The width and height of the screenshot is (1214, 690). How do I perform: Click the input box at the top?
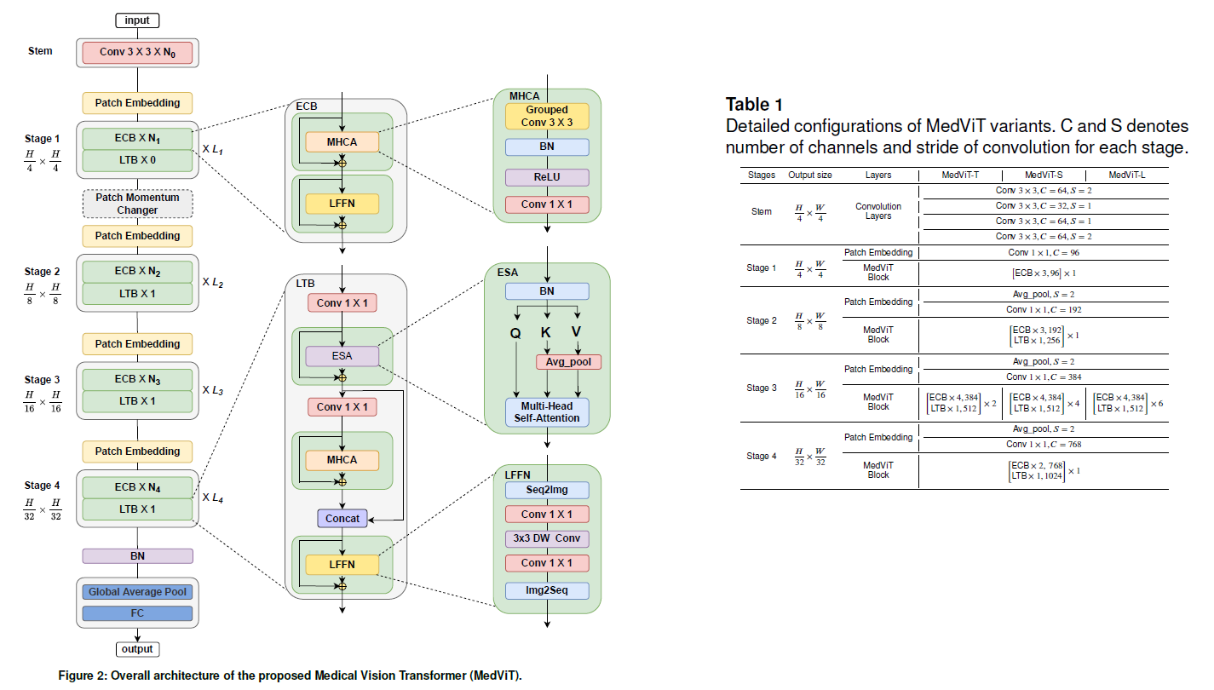[137, 20]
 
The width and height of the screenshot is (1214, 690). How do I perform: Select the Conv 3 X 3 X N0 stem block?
[137, 53]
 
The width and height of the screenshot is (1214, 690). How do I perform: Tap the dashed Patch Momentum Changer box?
[137, 204]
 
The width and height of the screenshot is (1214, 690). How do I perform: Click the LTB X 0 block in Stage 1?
[137, 159]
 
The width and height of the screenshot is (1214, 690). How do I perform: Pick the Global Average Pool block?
[137, 591]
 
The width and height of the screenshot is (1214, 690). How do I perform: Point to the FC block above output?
[137, 613]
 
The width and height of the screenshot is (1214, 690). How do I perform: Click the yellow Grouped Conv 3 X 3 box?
[546, 117]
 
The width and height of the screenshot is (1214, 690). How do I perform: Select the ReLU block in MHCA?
[546, 177]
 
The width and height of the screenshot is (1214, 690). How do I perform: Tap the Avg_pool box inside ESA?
[568, 362]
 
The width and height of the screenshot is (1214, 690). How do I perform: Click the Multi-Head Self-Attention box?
[546, 411]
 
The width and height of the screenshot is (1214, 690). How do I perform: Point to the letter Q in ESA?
[515, 334]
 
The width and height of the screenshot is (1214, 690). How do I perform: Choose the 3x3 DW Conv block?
[546, 538]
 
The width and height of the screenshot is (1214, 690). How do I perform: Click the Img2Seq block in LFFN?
[546, 589]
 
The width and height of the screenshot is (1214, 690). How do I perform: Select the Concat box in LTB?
[342, 518]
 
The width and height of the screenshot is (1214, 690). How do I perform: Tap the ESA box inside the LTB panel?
[342, 355]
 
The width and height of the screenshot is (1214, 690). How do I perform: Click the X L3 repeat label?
[212, 391]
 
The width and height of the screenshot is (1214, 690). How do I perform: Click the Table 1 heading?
[754, 105]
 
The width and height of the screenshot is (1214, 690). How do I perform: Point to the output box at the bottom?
[137, 649]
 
